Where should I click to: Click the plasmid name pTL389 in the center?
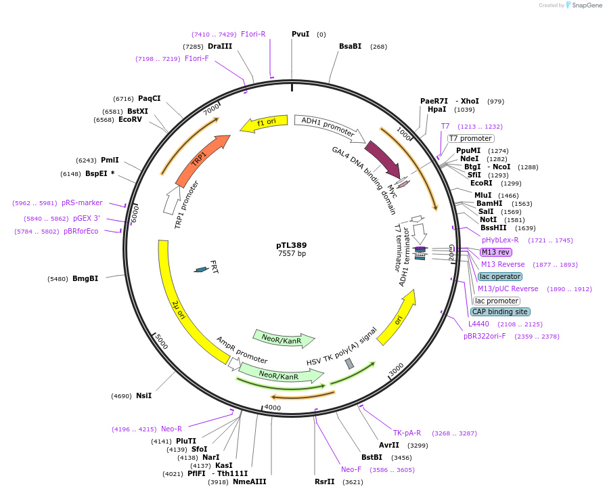tap(291, 244)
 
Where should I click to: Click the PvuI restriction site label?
tap(300, 34)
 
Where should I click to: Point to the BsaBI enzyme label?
tap(350, 46)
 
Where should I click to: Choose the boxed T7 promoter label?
tap(470, 138)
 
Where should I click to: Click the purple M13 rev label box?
tap(495, 252)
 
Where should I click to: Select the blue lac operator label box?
tap(499, 276)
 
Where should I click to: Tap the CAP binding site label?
tap(499, 312)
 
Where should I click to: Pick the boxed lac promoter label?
tap(497, 301)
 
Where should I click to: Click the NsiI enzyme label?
tap(143, 395)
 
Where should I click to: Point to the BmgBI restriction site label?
tap(85, 278)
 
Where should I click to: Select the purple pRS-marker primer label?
tap(82, 202)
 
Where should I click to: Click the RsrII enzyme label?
tap(324, 481)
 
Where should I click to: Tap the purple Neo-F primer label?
tap(351, 469)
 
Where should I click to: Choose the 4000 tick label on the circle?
tap(272, 407)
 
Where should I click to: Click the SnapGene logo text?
tap(583, 5)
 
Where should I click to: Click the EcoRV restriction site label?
tap(130, 120)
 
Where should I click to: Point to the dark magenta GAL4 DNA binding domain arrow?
tap(382, 160)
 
